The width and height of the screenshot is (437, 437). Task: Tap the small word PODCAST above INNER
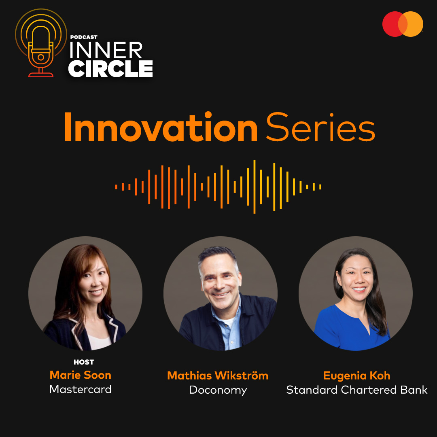(84, 37)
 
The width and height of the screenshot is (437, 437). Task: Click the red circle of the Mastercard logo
(392, 24)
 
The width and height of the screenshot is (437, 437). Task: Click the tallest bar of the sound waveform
(255, 187)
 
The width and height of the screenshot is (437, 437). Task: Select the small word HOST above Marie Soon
(84, 362)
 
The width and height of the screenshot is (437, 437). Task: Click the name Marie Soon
(80, 375)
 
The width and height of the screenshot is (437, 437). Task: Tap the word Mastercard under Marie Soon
(80, 389)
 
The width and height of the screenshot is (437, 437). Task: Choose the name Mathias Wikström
(218, 375)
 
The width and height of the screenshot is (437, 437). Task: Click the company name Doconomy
(218, 390)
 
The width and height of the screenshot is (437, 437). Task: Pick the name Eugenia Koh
(356, 375)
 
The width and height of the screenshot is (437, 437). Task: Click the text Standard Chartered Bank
(356, 390)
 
